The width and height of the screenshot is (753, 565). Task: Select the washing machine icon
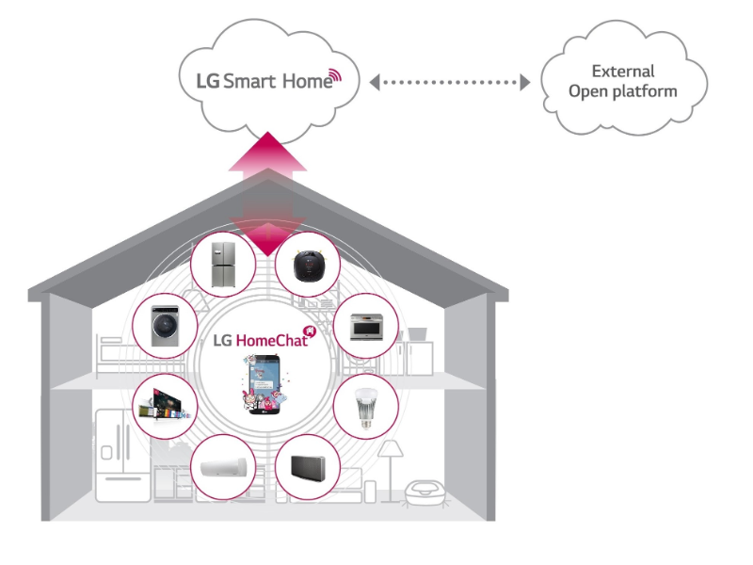tap(170, 326)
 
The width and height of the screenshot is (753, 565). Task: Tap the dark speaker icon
tap(309, 468)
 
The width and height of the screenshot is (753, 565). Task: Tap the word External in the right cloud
tap(622, 72)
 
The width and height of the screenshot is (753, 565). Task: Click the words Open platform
tap(623, 91)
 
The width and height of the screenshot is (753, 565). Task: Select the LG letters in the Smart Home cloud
tap(207, 81)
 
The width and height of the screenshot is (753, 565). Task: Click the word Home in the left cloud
tap(305, 82)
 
